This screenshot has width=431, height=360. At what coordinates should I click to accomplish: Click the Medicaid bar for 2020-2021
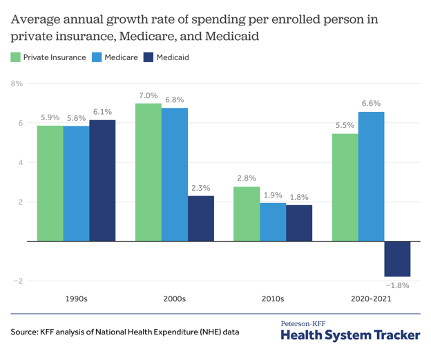(397, 259)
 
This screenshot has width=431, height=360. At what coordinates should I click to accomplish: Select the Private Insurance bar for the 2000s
(149, 173)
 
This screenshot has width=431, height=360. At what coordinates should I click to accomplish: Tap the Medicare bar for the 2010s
(273, 222)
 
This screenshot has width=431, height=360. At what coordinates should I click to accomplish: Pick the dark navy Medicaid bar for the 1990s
(102, 180)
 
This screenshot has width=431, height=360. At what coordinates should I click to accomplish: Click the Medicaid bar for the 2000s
(201, 218)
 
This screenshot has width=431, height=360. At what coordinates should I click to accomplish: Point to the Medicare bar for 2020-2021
(372, 177)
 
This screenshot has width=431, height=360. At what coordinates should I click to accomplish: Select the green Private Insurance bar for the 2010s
(247, 214)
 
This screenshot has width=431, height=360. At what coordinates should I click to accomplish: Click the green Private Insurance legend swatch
(15, 57)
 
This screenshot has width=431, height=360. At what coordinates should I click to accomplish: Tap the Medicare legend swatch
(97, 57)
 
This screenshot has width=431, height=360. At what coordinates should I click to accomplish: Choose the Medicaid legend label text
(173, 57)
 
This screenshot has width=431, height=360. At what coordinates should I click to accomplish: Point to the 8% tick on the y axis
(17, 84)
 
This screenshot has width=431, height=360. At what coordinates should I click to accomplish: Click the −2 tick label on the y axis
(18, 281)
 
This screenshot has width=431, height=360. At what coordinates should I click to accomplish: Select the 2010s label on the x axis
(273, 299)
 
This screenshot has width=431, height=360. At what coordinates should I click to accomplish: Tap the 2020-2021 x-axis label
(371, 299)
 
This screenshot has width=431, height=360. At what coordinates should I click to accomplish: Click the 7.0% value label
(149, 96)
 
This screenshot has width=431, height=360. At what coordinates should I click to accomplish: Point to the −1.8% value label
(397, 285)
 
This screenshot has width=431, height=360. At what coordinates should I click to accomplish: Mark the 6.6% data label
(372, 104)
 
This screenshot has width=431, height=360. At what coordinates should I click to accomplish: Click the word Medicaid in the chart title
(232, 37)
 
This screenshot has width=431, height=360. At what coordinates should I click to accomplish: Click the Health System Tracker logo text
(350, 335)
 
